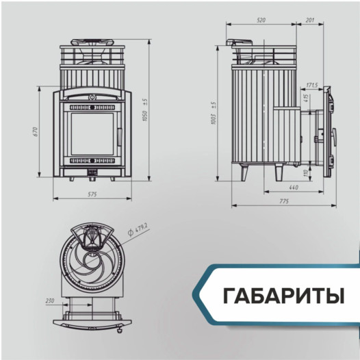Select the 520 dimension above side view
tap(261, 21)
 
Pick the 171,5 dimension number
tap(311, 86)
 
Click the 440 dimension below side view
tap(294, 187)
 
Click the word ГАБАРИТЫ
tap(282, 296)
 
